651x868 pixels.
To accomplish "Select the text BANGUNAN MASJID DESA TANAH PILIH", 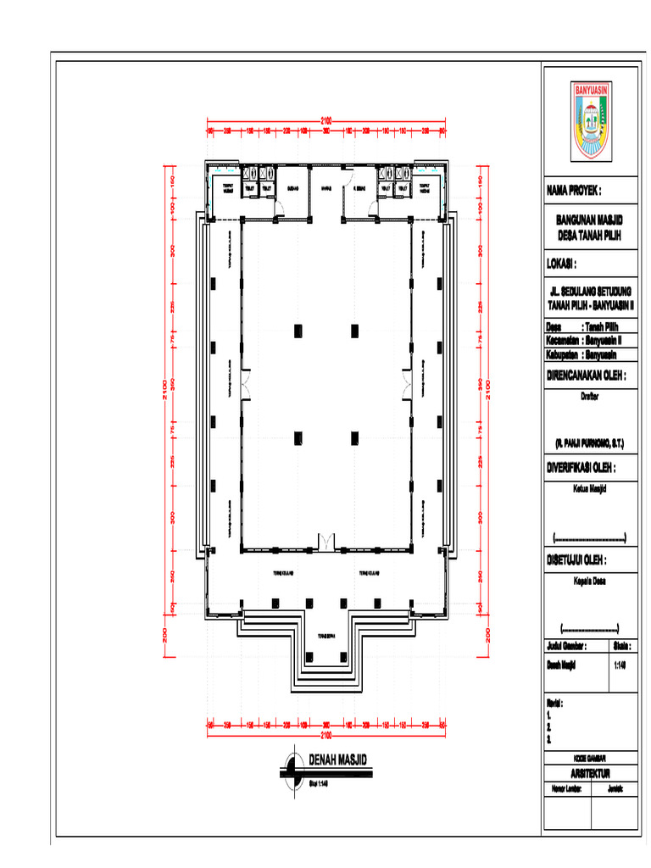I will (x=589, y=228).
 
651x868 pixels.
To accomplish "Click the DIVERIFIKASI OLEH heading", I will (x=581, y=467).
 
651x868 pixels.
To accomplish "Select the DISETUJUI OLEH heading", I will (x=576, y=560).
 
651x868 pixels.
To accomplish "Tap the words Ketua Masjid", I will (x=589, y=487).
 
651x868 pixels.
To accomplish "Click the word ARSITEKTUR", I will (x=589, y=772).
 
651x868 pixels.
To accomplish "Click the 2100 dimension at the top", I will (x=325, y=119).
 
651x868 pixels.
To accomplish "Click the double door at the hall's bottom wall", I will (x=325, y=541).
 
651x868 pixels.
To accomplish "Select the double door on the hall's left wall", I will (x=244, y=386).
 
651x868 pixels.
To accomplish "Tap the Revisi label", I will (x=555, y=704).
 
